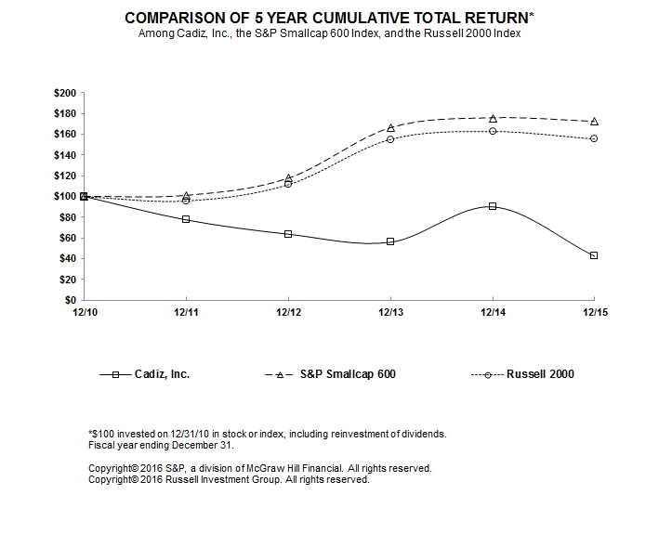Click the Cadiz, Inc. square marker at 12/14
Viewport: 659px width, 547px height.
pos(493,206)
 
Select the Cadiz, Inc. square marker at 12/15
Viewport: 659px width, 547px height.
pos(594,255)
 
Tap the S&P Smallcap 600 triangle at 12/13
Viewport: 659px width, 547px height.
pos(390,127)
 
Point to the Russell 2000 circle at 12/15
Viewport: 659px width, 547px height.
pos(594,138)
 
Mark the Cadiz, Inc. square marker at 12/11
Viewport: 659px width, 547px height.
pos(186,219)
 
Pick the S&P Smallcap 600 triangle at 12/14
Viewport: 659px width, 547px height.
pos(493,118)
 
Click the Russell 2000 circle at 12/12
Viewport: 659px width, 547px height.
pos(288,183)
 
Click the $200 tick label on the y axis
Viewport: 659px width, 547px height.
pos(67,94)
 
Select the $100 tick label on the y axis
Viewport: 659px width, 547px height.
pos(67,197)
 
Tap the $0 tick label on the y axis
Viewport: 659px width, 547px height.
pos(72,301)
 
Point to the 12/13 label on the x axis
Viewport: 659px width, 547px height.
pos(390,314)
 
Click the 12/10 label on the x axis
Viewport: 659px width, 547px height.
pos(84,314)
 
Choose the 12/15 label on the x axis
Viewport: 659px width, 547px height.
pos(594,314)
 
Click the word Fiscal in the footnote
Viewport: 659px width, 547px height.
pos(99,445)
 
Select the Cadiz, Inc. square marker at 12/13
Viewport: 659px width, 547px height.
pos(390,241)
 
